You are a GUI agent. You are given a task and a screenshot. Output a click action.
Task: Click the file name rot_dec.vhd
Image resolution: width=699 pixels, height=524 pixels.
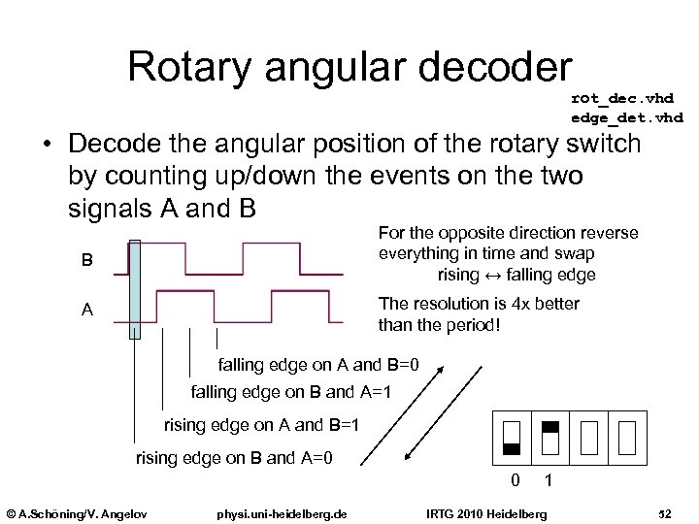[622, 98]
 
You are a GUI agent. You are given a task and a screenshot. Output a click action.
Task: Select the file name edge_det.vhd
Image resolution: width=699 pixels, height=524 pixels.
[627, 117]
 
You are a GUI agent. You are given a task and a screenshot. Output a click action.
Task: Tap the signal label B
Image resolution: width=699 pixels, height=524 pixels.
[87, 260]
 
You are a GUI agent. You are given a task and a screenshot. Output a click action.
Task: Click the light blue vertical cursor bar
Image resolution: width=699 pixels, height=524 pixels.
[135, 289]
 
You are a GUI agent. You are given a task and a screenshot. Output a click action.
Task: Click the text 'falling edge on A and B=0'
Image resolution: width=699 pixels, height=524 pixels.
[318, 366]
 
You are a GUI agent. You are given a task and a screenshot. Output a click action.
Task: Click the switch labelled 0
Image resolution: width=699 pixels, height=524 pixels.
[513, 438]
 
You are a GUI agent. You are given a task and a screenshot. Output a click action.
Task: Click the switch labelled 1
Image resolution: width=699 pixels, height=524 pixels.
[549, 438]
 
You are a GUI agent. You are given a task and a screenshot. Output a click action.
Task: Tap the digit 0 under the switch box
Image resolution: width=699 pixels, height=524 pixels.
[516, 479]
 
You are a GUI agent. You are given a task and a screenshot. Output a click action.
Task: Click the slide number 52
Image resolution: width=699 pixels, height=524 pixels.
[665, 512]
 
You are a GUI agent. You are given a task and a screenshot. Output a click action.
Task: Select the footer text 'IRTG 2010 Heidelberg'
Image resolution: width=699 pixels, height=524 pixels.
[487, 512]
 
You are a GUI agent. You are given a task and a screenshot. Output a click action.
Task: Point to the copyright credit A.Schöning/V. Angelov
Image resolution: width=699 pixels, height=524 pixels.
[77, 512]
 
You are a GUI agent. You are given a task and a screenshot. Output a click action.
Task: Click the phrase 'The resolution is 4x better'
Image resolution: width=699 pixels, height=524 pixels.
[479, 304]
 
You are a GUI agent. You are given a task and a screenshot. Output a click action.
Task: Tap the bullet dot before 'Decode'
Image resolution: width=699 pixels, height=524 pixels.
[47, 147]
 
